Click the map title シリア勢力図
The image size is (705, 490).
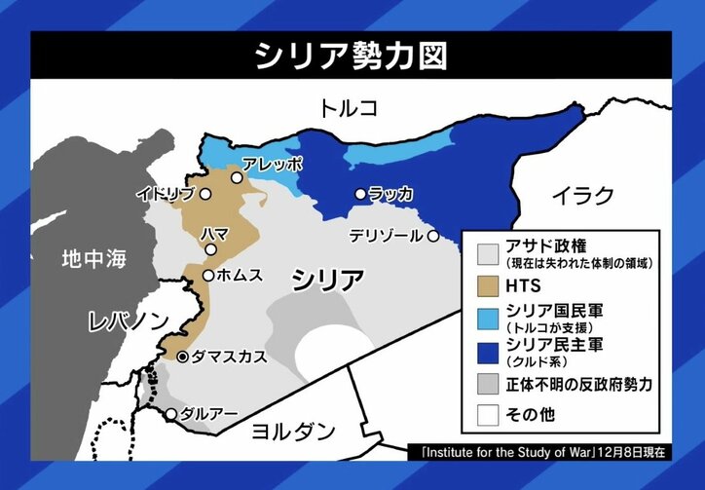pyautogui.click(x=352, y=56)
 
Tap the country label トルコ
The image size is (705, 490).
pyautogui.click(x=348, y=107)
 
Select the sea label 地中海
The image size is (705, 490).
pyautogui.click(x=93, y=259)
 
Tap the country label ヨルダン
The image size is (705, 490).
pyautogui.click(x=293, y=430)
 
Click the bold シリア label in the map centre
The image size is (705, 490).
pyautogui.click(x=327, y=280)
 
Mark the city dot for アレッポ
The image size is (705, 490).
pyautogui.click(x=236, y=178)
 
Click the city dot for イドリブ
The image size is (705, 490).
pyautogui.click(x=205, y=194)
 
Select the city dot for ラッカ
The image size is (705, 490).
pyautogui.click(x=360, y=194)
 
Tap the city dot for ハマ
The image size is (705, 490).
pyautogui.click(x=210, y=249)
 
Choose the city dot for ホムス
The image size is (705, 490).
pyautogui.click(x=208, y=276)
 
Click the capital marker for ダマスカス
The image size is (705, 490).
pyautogui.click(x=182, y=357)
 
